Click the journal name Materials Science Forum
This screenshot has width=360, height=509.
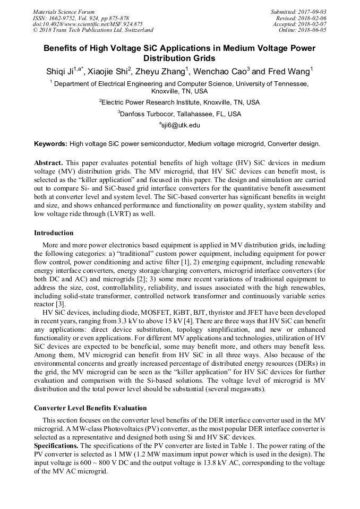click(64, 12)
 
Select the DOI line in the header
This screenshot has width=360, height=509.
click(88, 24)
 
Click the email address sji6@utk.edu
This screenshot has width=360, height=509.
click(181, 125)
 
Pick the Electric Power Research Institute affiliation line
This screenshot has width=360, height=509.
click(180, 102)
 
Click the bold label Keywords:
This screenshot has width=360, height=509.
click(51, 144)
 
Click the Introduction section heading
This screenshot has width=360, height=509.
click(54, 232)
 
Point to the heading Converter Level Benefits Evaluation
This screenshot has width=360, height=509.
click(90, 408)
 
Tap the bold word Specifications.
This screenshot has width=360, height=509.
click(56, 444)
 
